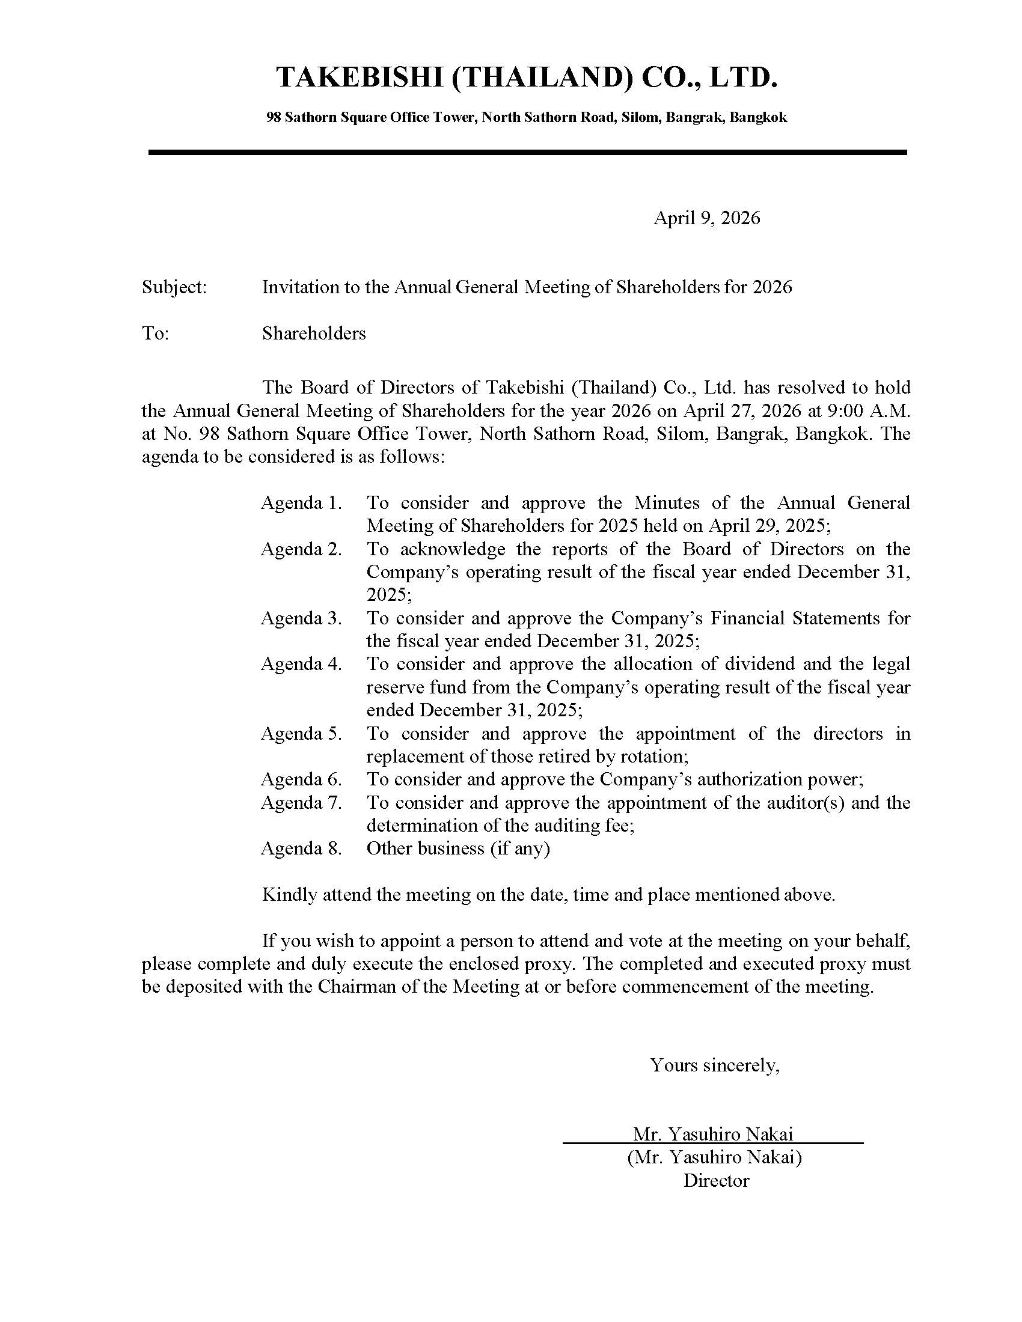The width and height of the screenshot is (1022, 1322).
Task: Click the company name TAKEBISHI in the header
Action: coord(360,78)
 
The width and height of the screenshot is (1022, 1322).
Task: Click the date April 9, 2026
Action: coord(706,218)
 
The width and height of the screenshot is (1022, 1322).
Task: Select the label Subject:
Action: coord(174,287)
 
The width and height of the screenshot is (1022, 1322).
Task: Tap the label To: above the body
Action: coord(155,334)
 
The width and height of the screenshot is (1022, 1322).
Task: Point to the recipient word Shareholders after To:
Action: coord(314,334)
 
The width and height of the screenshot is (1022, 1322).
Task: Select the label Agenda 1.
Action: coord(301,503)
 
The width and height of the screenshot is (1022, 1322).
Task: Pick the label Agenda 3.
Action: coord(301,618)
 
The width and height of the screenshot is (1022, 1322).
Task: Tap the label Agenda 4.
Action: coord(301,664)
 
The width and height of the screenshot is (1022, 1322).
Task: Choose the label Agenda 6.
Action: coord(301,779)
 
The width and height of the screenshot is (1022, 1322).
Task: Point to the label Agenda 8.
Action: coord(301,848)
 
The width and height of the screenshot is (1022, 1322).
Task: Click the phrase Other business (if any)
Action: coord(457,848)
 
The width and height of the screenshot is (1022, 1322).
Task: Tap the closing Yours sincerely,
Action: coord(714,1065)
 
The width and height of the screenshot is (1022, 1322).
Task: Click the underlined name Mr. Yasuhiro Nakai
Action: coord(712,1134)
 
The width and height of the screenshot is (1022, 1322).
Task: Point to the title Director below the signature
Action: coord(716,1180)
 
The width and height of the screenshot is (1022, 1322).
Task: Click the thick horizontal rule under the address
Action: coord(527,153)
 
